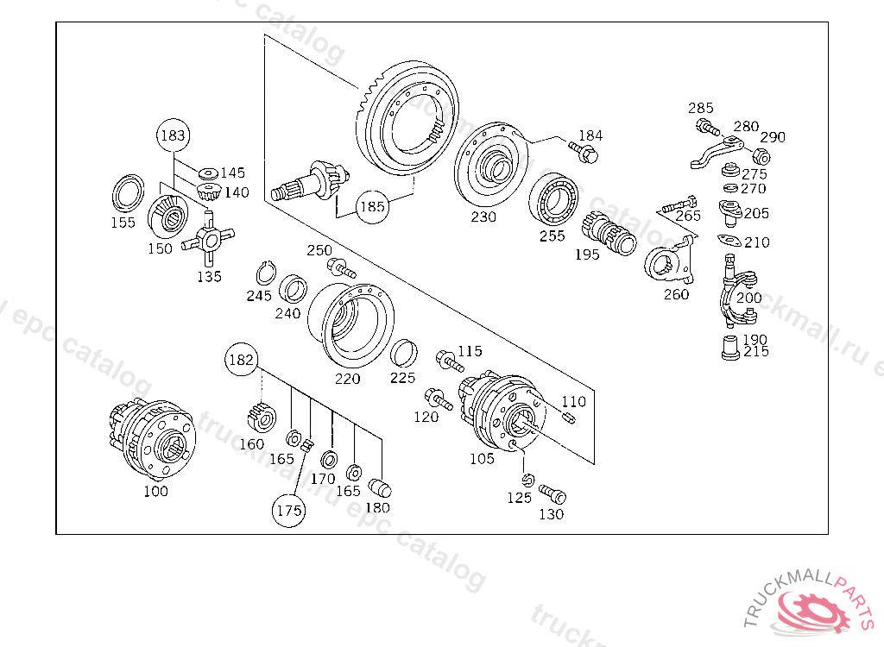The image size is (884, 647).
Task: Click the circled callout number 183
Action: pos(173,135)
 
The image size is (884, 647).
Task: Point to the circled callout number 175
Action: pos(288,510)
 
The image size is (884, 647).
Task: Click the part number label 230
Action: pos(483,217)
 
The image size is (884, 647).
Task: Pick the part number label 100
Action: pos(155,491)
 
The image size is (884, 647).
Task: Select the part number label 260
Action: pos(676,294)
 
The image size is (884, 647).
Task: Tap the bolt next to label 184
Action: pos(586,154)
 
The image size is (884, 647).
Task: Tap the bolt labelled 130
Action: pos(552,494)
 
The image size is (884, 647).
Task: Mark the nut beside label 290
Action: pos(761,156)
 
